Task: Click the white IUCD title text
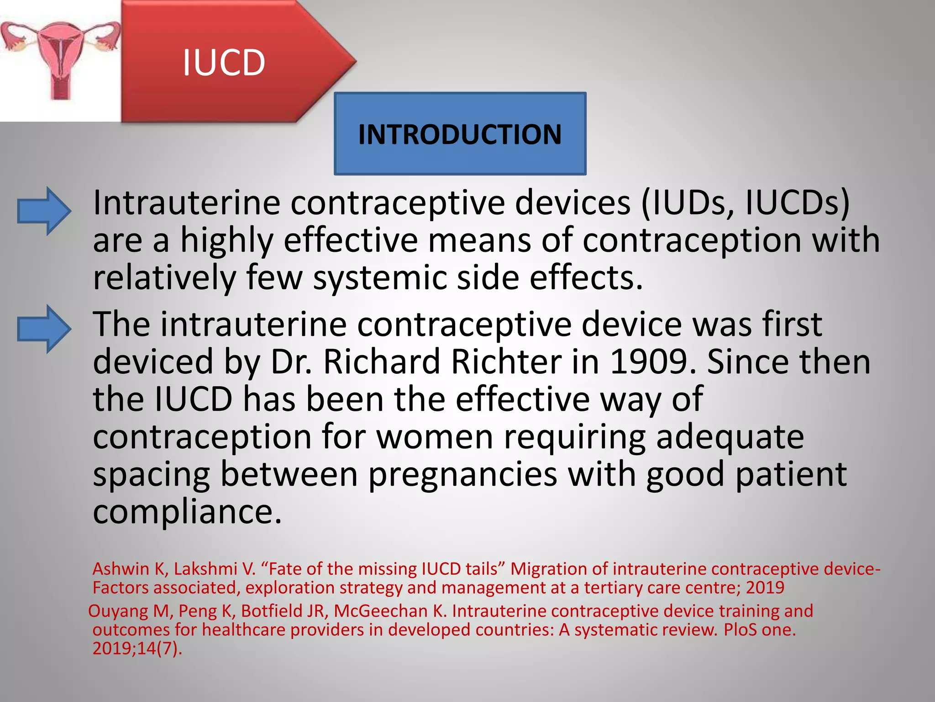224,63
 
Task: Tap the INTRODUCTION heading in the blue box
460,134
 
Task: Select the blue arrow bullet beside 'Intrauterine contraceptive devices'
44,211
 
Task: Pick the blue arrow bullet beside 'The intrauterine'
44,329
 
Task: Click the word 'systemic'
379,277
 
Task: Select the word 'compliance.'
188,512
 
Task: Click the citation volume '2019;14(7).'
137,649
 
